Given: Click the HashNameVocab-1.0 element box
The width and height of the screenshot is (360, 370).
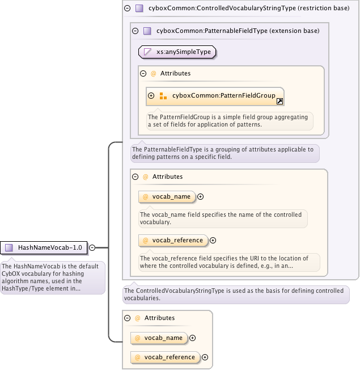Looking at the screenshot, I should click(x=44, y=247).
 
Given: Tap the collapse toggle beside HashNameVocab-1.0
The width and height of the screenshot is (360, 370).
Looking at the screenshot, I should click(x=92, y=247).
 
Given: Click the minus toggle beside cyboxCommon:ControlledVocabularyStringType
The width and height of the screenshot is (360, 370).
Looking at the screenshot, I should click(x=127, y=9).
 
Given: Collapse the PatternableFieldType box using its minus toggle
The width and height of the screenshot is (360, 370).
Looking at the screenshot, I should click(x=135, y=31).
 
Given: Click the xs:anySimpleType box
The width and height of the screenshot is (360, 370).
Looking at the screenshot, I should click(x=177, y=52).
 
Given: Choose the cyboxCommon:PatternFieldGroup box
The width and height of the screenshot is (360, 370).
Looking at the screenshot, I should click(x=215, y=96).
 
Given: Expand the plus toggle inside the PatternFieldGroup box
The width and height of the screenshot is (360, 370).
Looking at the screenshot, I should click(x=151, y=96).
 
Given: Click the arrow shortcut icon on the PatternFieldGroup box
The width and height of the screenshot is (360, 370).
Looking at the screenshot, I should click(x=279, y=102).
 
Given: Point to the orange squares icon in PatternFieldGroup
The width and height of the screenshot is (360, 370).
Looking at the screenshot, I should click(x=163, y=96).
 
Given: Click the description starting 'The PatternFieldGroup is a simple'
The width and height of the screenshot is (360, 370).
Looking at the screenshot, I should click(x=228, y=120).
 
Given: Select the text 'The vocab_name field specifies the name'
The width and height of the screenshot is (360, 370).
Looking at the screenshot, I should click(x=223, y=218).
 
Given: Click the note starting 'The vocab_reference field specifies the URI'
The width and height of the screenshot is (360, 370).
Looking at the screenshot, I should click(x=228, y=262).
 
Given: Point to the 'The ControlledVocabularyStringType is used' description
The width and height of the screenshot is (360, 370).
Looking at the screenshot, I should click(x=235, y=294).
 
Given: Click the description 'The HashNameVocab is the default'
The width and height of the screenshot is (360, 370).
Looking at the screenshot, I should click(x=52, y=277).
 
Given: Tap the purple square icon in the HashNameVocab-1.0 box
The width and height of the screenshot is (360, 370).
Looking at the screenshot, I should click(x=9, y=247).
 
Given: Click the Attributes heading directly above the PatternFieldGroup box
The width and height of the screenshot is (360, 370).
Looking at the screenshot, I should click(x=175, y=73).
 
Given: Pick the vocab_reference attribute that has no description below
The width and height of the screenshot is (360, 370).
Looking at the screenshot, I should click(x=165, y=358).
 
